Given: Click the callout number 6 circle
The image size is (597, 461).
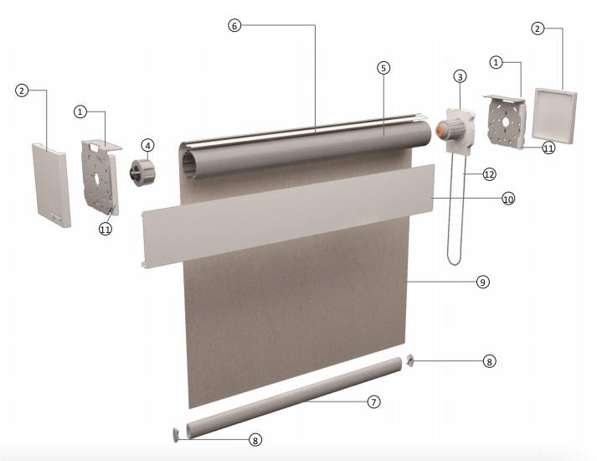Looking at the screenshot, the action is pos(234,25).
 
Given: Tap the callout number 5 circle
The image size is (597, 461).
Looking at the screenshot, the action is pos(383,68).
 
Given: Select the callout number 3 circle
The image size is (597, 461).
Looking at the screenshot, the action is pos(460,77).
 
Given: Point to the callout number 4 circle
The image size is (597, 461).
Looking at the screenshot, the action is pos(147,145).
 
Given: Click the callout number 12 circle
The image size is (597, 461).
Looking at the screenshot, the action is pos(489,174).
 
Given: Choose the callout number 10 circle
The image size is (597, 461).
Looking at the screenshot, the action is pos(509,199).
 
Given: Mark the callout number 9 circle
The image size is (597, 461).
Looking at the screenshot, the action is pos(483,282).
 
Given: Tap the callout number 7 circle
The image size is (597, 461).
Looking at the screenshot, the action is pos(374,402).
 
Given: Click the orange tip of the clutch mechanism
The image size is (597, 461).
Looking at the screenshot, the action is pos(440,129).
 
